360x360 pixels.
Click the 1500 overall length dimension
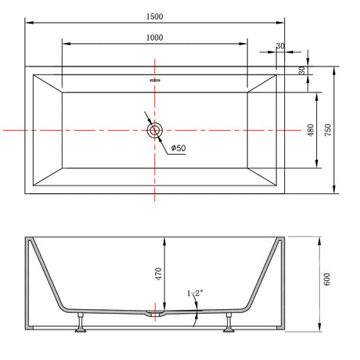154,16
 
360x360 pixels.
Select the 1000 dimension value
154,38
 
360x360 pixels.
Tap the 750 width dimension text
328,130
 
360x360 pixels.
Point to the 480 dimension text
311,130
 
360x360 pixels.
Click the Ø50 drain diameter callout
178,148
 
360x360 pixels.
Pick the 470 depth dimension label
158,274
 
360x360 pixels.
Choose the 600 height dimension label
326,279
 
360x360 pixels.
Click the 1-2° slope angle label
195,293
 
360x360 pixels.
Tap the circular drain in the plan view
155,130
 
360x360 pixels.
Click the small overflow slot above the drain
155,80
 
